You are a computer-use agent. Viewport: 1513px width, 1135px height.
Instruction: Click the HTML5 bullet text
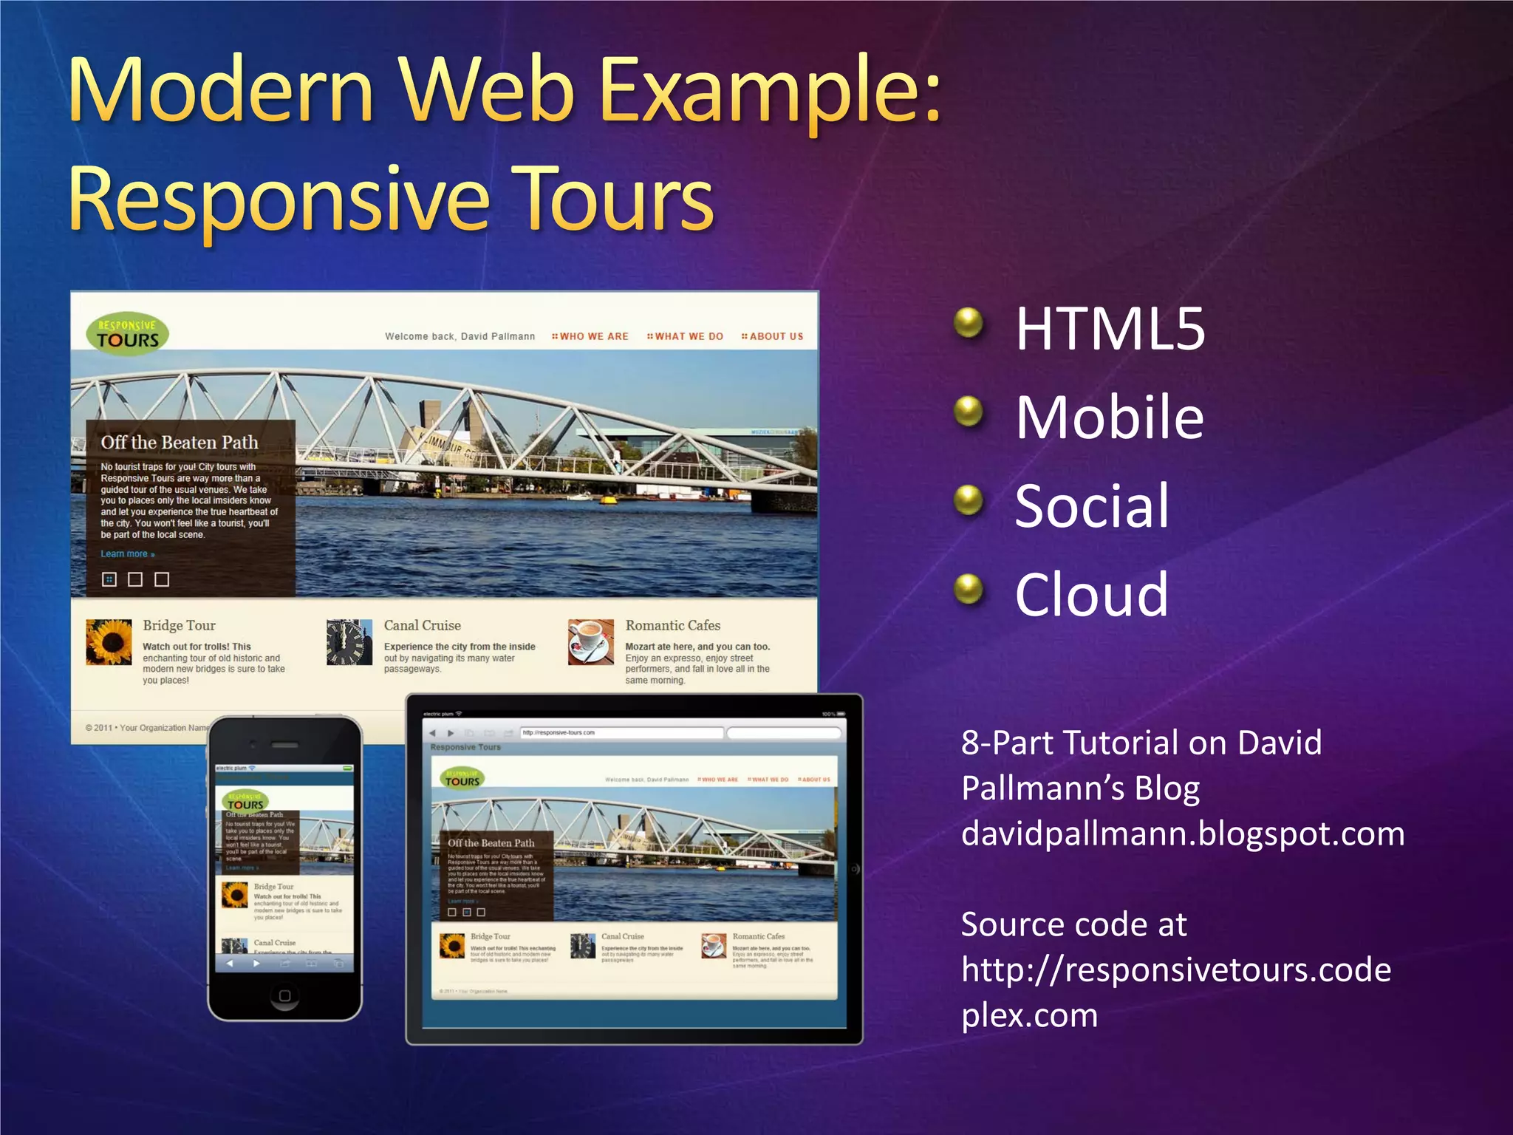coord(1110,329)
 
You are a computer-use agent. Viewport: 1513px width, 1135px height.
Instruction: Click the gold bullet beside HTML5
coord(968,323)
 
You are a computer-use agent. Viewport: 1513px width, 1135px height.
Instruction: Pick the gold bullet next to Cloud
coord(968,589)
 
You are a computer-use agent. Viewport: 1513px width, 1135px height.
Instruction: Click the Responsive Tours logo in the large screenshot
coord(127,334)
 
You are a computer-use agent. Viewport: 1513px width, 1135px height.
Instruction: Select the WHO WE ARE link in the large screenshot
coord(591,336)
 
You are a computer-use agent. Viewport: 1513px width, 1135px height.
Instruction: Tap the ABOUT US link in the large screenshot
coord(773,336)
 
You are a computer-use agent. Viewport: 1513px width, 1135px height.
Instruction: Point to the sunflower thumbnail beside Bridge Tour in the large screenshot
coord(109,642)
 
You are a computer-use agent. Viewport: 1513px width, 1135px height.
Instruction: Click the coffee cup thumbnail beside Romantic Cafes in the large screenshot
coord(591,642)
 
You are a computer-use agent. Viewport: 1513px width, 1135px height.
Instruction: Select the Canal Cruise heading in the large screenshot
coord(422,625)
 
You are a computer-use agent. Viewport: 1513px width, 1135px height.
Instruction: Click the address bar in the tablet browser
coord(621,733)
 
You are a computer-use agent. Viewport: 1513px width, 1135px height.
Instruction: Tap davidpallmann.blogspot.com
coord(1182,834)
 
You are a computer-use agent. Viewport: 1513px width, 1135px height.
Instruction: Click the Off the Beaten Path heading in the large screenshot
coord(180,442)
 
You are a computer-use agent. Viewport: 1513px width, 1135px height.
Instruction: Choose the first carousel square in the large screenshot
coord(109,579)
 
